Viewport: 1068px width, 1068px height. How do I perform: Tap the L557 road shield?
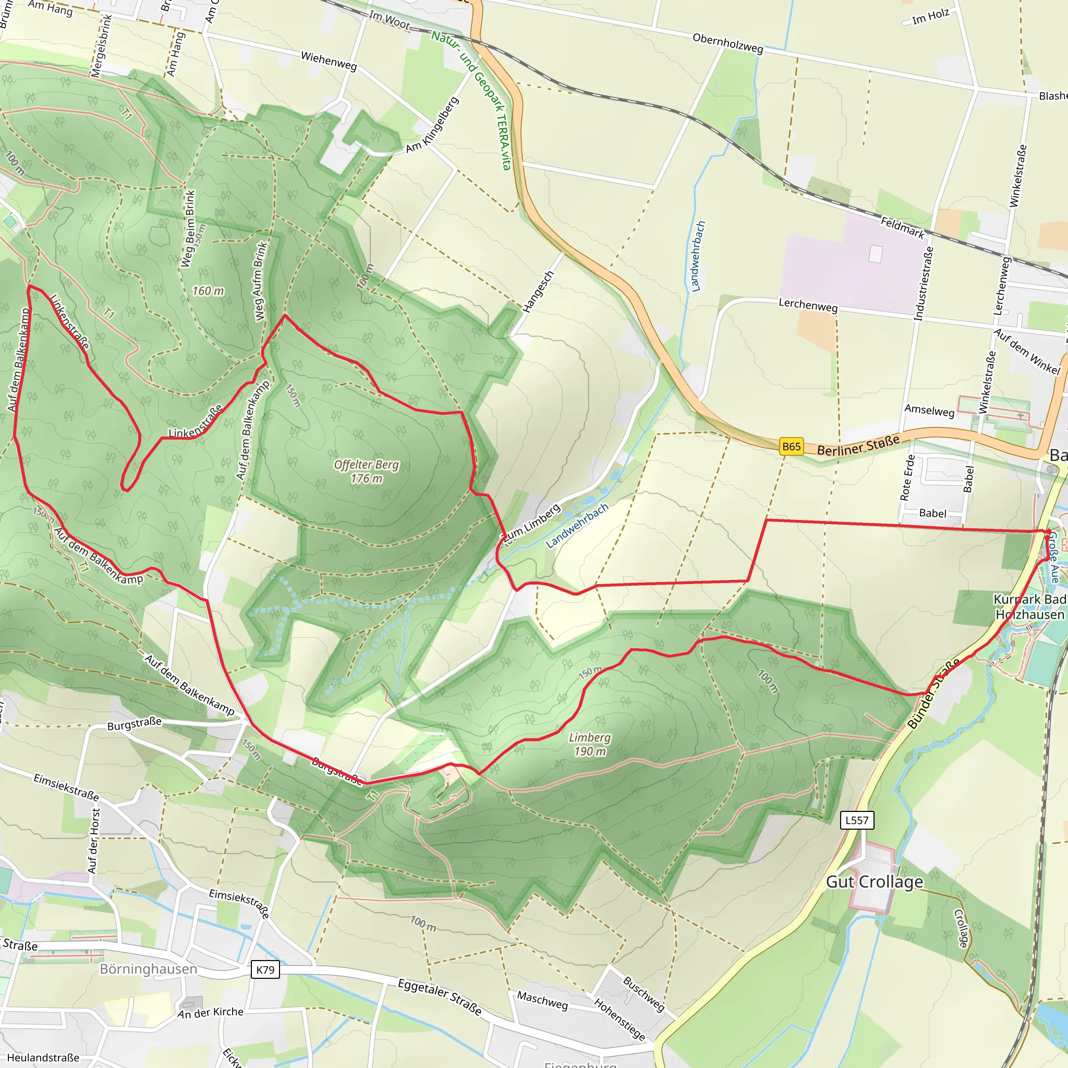(857, 820)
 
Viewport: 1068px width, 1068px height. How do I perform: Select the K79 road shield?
(265, 969)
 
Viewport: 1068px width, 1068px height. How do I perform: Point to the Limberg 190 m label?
(590, 744)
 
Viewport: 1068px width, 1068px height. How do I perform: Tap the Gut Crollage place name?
(874, 882)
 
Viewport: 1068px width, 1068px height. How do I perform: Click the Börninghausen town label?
(148, 969)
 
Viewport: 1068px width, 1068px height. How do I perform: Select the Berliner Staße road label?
(858, 445)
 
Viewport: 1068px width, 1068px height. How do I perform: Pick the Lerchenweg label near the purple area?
(808, 305)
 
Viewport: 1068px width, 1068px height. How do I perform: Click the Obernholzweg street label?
(727, 44)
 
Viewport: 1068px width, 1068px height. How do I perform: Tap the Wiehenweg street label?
(329, 60)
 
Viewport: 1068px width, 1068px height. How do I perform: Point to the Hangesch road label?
(538, 292)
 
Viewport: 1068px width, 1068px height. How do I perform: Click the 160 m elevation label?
(208, 291)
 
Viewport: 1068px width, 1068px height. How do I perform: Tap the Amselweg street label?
(929, 411)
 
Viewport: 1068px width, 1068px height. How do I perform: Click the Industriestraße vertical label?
(924, 284)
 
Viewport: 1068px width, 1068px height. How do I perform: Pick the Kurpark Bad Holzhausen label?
(1029, 607)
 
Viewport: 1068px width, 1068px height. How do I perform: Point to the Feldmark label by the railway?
(902, 228)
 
